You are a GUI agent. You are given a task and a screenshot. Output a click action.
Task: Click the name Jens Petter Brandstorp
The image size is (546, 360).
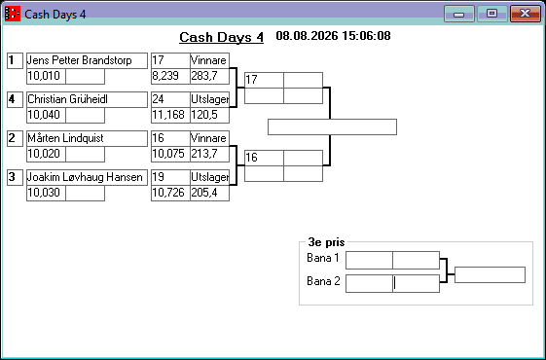[80, 60]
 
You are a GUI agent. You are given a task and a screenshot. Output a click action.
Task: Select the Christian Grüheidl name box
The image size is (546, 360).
[87, 99]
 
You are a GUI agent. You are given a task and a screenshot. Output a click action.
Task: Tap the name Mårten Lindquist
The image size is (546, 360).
[65, 138]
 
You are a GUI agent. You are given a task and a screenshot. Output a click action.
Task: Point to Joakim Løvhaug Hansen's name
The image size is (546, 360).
[85, 177]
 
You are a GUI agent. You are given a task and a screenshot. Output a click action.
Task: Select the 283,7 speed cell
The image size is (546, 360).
[209, 76]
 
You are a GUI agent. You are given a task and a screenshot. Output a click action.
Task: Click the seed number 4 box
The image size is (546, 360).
[15, 99]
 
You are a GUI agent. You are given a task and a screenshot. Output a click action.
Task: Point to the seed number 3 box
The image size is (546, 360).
[15, 177]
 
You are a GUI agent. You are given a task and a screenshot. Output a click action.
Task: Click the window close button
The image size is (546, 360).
[526, 14]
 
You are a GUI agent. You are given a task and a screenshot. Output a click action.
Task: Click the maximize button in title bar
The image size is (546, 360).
[492, 14]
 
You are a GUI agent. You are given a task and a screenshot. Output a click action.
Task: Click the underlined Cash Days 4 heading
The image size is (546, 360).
[222, 37]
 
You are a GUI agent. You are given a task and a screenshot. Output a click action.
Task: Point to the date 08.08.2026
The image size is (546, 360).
[307, 36]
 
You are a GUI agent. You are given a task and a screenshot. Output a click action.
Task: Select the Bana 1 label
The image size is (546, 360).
[323, 258]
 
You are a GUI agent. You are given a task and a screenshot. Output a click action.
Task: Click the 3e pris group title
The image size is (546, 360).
[326, 242]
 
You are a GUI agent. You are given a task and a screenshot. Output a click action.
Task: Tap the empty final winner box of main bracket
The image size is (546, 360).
[332, 127]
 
